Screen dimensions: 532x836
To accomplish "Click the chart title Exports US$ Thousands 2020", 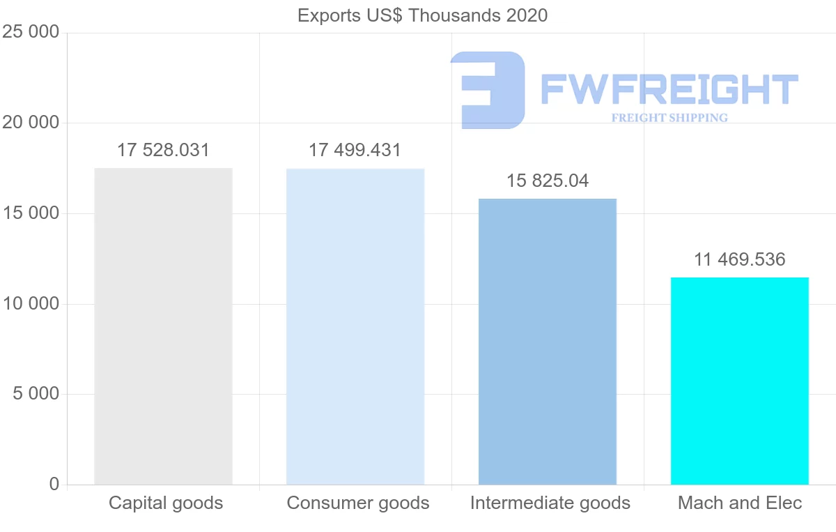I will click(x=422, y=15).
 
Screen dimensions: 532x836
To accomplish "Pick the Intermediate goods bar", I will click(x=548, y=342).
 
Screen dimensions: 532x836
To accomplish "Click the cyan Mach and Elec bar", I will click(x=739, y=381).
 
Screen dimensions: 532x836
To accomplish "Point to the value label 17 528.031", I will click(x=163, y=150).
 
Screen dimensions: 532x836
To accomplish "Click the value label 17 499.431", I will click(x=355, y=150).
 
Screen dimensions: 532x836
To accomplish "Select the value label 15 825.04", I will click(x=548, y=181).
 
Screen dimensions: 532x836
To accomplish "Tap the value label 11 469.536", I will click(x=739, y=260).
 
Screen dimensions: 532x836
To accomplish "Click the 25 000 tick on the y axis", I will click(x=31, y=32).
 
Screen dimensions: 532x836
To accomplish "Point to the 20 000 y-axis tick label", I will click(x=31, y=123).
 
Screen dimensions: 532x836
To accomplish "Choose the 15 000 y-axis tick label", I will click(x=31, y=213).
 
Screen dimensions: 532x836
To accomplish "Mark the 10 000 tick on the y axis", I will click(x=31, y=304).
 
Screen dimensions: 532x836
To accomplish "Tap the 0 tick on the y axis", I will click(x=54, y=485).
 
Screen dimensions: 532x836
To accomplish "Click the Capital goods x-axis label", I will click(x=166, y=503).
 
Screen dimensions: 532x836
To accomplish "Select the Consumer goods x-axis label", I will click(x=358, y=503).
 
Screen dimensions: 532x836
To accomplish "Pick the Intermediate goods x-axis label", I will click(x=550, y=503).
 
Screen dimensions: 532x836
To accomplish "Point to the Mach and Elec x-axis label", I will click(x=740, y=503).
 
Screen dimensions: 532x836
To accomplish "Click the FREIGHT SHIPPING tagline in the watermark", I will click(x=669, y=118).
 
